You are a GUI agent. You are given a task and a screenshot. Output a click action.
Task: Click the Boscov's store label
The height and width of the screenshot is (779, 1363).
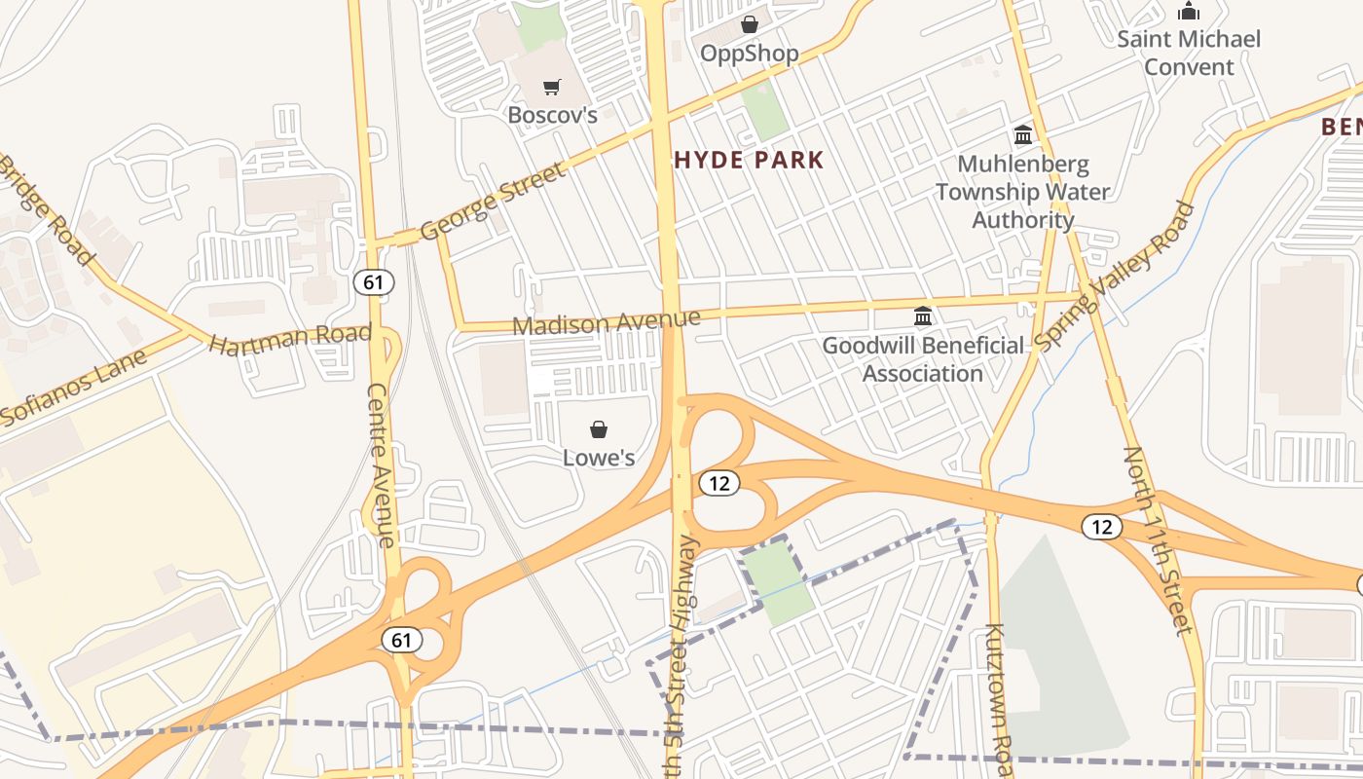(552, 115)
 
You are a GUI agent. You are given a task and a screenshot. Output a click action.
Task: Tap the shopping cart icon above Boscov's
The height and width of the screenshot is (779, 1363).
(552, 88)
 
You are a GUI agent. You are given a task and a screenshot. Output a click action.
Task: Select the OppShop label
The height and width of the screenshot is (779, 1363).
(750, 54)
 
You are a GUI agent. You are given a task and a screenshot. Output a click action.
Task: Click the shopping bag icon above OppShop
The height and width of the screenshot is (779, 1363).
(750, 24)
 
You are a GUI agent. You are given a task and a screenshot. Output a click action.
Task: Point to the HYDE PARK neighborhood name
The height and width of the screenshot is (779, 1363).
(749, 161)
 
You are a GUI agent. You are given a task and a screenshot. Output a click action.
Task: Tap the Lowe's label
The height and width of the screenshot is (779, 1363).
(599, 458)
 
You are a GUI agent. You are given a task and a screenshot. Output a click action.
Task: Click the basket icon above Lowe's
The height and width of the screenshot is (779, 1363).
(599, 429)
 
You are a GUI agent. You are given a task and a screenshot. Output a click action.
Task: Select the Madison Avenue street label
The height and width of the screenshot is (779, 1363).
(607, 322)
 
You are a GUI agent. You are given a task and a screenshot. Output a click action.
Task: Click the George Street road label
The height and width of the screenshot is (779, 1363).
(493, 203)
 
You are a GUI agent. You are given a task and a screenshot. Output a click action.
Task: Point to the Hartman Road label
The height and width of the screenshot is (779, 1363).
(290, 339)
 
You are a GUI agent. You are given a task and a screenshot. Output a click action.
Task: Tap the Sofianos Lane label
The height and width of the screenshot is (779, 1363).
(73, 388)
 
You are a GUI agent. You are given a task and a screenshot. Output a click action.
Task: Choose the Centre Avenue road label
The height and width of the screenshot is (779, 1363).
(382, 465)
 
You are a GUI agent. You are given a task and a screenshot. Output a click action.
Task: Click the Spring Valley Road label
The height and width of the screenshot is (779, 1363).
(1115, 278)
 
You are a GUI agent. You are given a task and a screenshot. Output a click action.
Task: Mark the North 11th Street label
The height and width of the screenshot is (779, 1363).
(1159, 540)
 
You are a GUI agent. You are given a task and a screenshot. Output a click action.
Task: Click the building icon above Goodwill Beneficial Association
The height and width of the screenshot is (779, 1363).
(923, 316)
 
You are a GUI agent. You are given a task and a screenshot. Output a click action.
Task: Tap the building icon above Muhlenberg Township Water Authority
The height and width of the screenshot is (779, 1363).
(1023, 134)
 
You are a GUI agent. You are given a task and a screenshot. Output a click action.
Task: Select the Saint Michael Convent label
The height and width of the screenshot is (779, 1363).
(1189, 53)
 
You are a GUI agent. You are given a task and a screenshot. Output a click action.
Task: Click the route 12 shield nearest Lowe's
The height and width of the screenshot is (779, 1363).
(718, 482)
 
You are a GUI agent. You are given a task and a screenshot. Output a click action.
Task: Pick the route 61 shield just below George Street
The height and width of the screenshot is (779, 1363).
(373, 282)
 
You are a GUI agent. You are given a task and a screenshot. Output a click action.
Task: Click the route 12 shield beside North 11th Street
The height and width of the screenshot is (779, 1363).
(1101, 527)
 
